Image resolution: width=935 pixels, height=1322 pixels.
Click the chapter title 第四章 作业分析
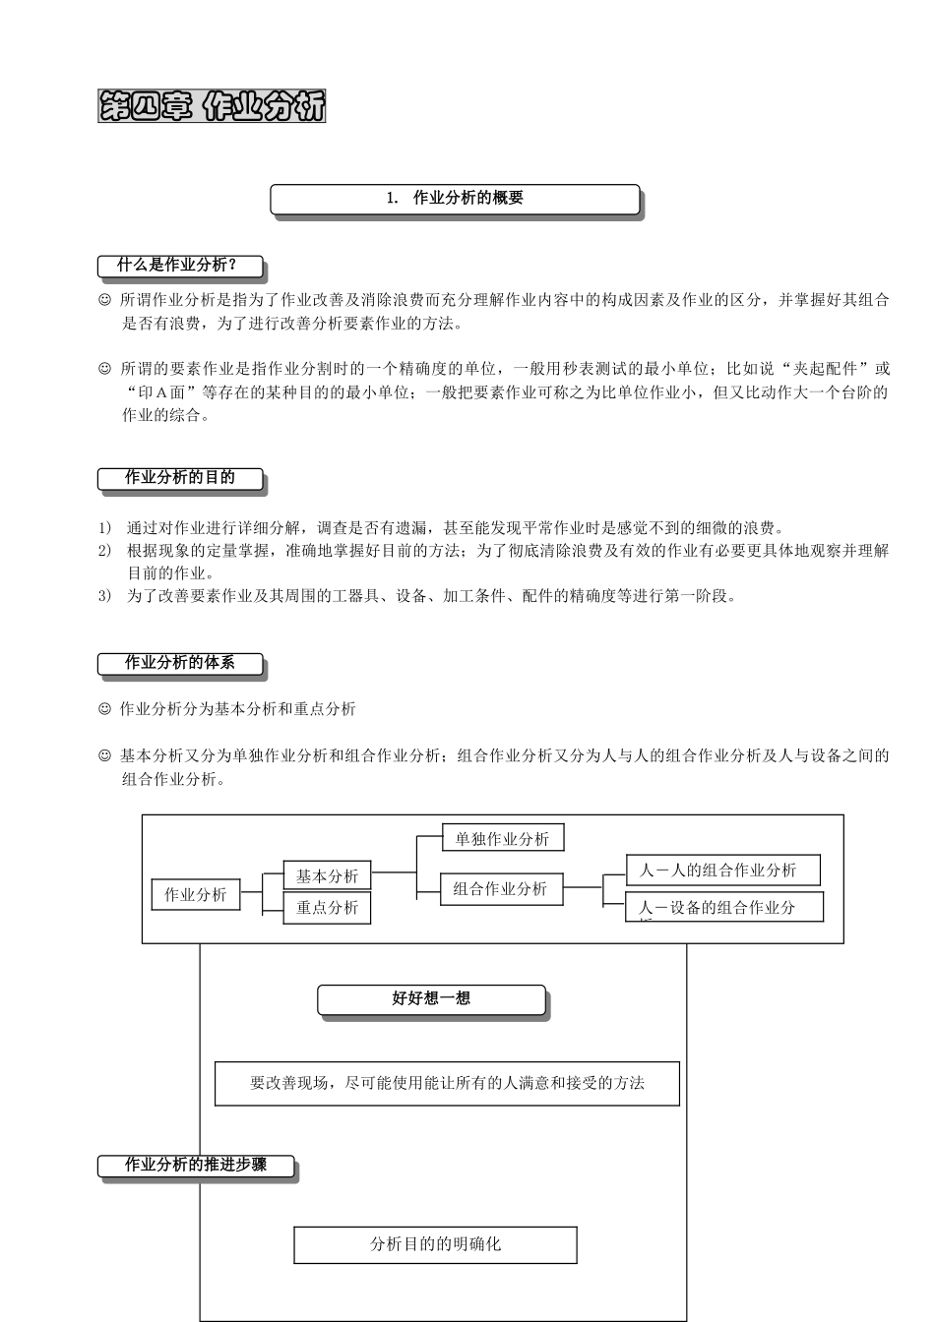(212, 106)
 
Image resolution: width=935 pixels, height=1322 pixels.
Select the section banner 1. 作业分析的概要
(455, 199)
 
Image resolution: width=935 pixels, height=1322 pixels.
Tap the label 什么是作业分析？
(180, 266)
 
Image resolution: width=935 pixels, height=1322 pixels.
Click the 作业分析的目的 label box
(180, 479)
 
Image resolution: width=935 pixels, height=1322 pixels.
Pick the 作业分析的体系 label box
(180, 664)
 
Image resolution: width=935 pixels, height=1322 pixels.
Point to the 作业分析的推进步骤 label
(196, 1166)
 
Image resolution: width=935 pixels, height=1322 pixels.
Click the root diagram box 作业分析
(196, 895)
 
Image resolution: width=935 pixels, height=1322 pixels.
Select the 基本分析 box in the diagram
(328, 875)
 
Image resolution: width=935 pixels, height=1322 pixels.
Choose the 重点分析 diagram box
(328, 908)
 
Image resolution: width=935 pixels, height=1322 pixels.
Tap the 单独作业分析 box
(503, 839)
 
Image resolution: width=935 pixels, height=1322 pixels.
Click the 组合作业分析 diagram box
(501, 889)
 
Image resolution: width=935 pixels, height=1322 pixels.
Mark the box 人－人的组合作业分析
(722, 871)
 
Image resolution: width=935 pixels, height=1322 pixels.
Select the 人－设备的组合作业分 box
(723, 907)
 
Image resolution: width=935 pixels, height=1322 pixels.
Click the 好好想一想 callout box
(431, 999)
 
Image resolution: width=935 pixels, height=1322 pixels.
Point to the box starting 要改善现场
(447, 1084)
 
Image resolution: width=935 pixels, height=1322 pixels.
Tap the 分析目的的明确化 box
(435, 1244)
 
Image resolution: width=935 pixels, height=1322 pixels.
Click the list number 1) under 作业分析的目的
(104, 528)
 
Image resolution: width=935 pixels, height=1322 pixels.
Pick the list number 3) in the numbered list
(104, 596)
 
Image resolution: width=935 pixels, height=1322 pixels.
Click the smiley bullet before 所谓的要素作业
(104, 370)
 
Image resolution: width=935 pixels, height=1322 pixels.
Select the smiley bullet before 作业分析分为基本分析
(104, 709)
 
